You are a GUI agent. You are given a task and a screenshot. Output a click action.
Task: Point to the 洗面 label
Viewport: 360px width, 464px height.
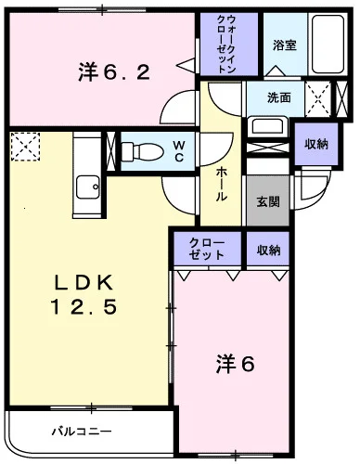coord(279,97)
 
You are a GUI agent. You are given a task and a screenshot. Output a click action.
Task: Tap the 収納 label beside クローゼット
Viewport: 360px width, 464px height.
coord(269,251)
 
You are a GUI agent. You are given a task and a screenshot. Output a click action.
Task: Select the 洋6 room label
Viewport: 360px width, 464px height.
coord(237,365)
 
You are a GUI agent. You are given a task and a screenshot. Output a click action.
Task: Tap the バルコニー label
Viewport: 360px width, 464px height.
coord(81,432)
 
